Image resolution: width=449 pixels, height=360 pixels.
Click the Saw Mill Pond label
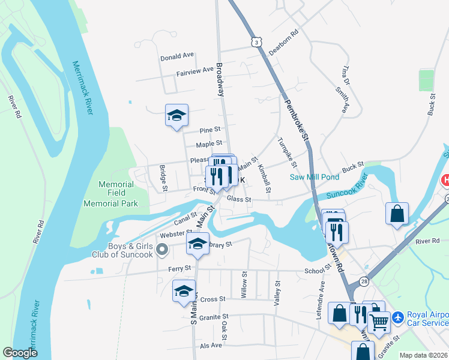(x=315, y=177)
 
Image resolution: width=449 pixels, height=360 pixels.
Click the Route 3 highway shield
(x=256, y=42)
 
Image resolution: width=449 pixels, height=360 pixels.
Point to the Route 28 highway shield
(x=365, y=281)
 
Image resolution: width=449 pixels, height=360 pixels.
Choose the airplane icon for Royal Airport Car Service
(x=397, y=316)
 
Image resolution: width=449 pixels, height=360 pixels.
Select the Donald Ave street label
(x=176, y=56)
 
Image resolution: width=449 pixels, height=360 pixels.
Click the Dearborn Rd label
(x=283, y=43)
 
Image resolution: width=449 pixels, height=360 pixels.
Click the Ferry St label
(x=179, y=268)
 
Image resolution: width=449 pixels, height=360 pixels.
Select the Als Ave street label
(x=211, y=346)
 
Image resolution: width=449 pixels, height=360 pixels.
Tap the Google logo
(x=20, y=353)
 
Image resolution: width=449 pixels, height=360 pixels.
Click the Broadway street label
(x=220, y=79)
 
